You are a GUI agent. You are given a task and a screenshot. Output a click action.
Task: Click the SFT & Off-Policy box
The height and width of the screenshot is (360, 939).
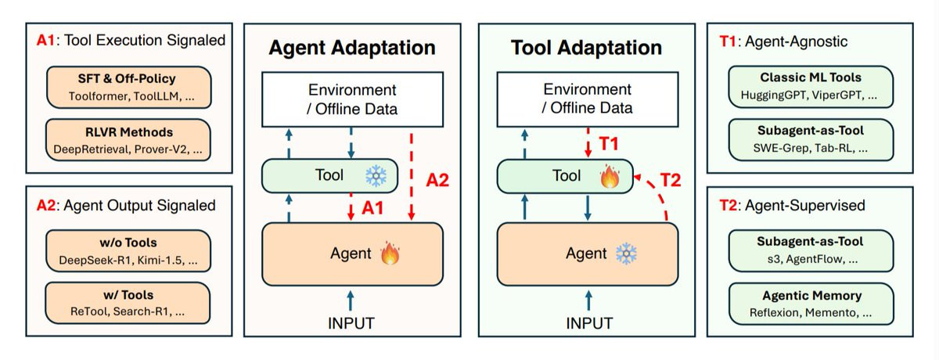click(x=128, y=87)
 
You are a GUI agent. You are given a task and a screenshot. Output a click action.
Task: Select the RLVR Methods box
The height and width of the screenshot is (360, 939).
click(x=128, y=140)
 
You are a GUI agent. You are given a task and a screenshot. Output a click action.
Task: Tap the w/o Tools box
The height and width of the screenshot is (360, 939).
click(x=128, y=250)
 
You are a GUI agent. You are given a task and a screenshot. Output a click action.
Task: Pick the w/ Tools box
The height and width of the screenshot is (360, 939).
click(x=128, y=303)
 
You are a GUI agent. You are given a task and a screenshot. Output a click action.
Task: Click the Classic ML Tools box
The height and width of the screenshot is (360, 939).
click(x=811, y=87)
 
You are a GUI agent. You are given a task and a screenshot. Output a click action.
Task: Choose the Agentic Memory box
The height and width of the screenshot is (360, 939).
click(x=811, y=304)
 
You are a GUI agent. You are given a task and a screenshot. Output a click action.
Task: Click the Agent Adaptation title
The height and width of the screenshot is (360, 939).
click(x=352, y=48)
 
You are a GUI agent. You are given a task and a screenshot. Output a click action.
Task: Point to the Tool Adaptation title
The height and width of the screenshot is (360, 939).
click(x=586, y=48)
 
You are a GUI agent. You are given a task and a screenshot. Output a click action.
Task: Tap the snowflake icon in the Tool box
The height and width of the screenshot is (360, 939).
click(x=376, y=175)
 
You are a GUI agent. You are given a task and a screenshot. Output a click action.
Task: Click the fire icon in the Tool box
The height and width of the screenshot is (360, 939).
click(x=610, y=176)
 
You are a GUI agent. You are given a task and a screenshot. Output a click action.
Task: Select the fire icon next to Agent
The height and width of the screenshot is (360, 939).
click(x=390, y=253)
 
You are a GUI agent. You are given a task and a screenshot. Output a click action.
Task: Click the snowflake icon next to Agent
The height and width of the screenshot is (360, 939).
click(x=626, y=254)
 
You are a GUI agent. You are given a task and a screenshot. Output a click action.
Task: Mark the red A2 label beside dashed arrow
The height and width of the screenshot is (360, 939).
click(x=437, y=180)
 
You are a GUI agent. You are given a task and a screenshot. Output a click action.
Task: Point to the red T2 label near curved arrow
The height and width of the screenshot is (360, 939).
click(x=671, y=180)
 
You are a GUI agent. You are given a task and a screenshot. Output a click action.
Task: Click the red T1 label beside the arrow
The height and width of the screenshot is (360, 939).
click(x=609, y=144)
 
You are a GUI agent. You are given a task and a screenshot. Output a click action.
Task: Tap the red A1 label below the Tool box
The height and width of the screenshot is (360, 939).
click(x=372, y=208)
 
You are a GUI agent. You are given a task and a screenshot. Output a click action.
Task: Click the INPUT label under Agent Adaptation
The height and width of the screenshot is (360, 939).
click(x=351, y=323)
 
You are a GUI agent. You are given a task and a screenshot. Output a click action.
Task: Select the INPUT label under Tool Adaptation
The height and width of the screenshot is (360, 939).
click(x=589, y=323)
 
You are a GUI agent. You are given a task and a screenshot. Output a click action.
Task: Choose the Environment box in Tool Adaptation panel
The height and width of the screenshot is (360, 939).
click(x=588, y=99)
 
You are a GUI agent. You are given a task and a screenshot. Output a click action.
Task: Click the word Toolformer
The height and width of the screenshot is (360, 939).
click(x=99, y=96)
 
